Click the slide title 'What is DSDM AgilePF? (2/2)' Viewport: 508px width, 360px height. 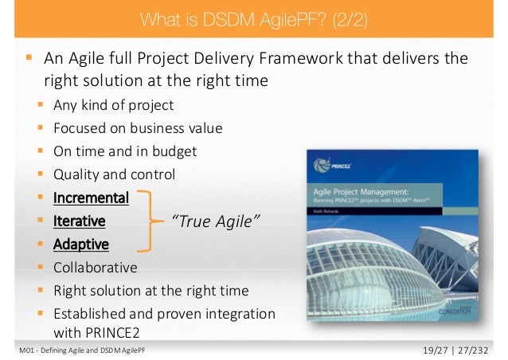pyautogui.click(x=253, y=18)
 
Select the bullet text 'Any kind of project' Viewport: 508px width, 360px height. pyautogui.click(x=112, y=105)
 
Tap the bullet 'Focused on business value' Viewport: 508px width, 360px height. pyautogui.click(x=137, y=128)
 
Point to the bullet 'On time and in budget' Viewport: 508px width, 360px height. pyautogui.click(x=124, y=151)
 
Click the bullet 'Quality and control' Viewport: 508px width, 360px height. pyautogui.click(x=114, y=174)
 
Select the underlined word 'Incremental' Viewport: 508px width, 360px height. pyautogui.click(x=90, y=198)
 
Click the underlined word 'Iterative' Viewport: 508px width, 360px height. pyautogui.click(x=79, y=221)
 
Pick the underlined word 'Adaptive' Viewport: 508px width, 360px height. pyautogui.click(x=80, y=244)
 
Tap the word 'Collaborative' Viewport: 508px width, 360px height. pyautogui.click(x=95, y=267)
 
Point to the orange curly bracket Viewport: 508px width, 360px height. pyautogui.click(x=147, y=221)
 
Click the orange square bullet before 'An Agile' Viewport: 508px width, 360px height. pyautogui.click(x=29, y=59)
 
